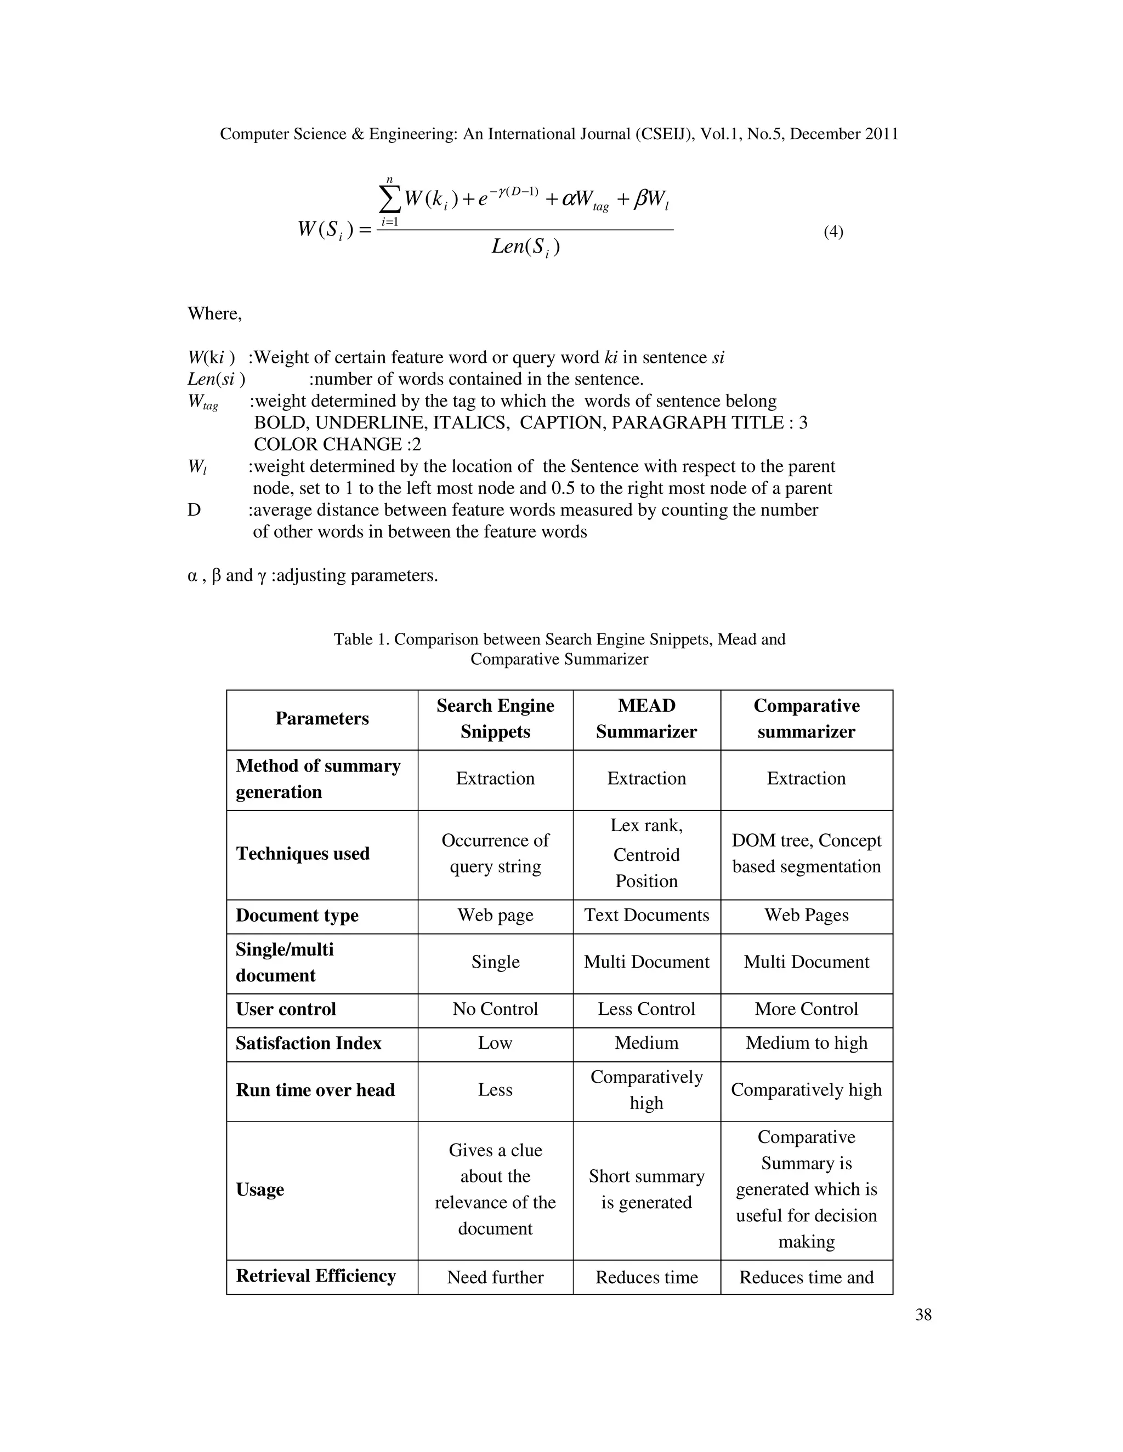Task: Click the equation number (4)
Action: click(833, 232)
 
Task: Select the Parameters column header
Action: click(322, 719)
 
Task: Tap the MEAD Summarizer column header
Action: click(646, 719)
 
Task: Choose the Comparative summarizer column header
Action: click(806, 719)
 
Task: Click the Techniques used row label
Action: click(303, 854)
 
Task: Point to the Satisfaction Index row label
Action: click(309, 1043)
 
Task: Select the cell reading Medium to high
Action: click(806, 1043)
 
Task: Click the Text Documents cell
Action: click(646, 916)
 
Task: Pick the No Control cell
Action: click(495, 1009)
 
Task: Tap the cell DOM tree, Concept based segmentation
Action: click(806, 854)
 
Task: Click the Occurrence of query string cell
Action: click(495, 854)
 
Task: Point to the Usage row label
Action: click(260, 1190)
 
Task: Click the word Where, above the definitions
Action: click(215, 314)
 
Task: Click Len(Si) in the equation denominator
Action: click(525, 248)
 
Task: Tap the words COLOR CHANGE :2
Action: click(337, 445)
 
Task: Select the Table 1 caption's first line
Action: click(559, 639)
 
